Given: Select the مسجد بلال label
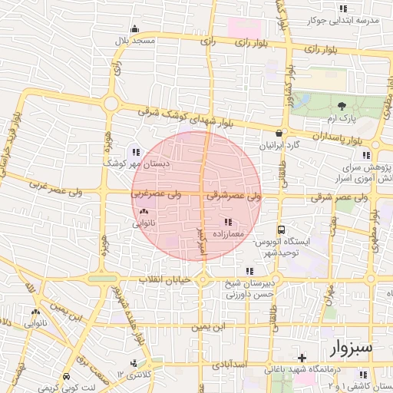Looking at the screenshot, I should point(134,40).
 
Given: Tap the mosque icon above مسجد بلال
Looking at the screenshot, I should point(134,29).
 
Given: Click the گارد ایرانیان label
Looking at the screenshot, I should point(282,144).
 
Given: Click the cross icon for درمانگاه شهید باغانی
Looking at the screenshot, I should point(302,358).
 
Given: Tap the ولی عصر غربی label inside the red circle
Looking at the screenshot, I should point(156,195).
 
